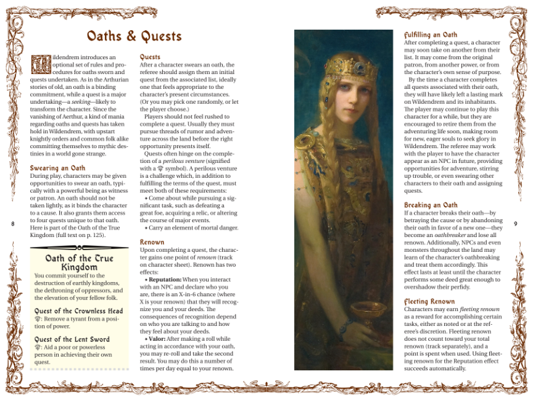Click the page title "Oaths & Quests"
134,36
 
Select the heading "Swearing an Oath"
57,168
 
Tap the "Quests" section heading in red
150,57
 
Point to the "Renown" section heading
152,242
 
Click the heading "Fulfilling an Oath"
431,35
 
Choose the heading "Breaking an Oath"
431,205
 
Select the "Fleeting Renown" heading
429,301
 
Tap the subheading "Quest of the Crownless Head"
78,311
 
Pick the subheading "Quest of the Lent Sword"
72,339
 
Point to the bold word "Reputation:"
163,280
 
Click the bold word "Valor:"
157,339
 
